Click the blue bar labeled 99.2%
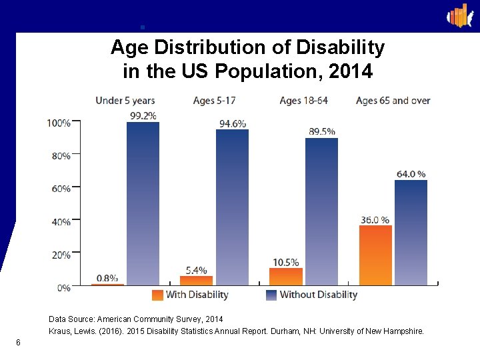tap(143, 203)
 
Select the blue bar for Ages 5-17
tap(232, 207)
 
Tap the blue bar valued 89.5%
tap(321, 212)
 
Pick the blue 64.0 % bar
tap(411, 233)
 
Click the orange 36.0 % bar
tap(375, 255)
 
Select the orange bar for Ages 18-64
tap(286, 277)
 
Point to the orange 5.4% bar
tap(197, 281)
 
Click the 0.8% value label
tap(107, 277)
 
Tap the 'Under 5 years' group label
tap(125, 101)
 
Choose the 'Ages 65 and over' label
tap(393, 101)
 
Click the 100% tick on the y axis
tap(59, 123)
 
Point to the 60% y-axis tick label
tap(61, 189)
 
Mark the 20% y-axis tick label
tap(61, 255)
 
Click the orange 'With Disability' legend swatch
tap(157, 295)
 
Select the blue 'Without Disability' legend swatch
tap(271, 295)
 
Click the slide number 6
tap(18, 343)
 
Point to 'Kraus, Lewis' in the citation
tap(71, 331)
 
